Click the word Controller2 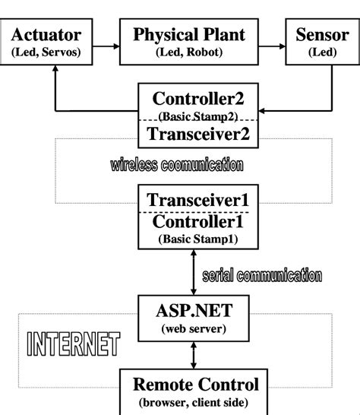198,99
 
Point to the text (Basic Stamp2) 198,116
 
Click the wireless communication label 176,164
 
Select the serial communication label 262,274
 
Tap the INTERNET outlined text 73,344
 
